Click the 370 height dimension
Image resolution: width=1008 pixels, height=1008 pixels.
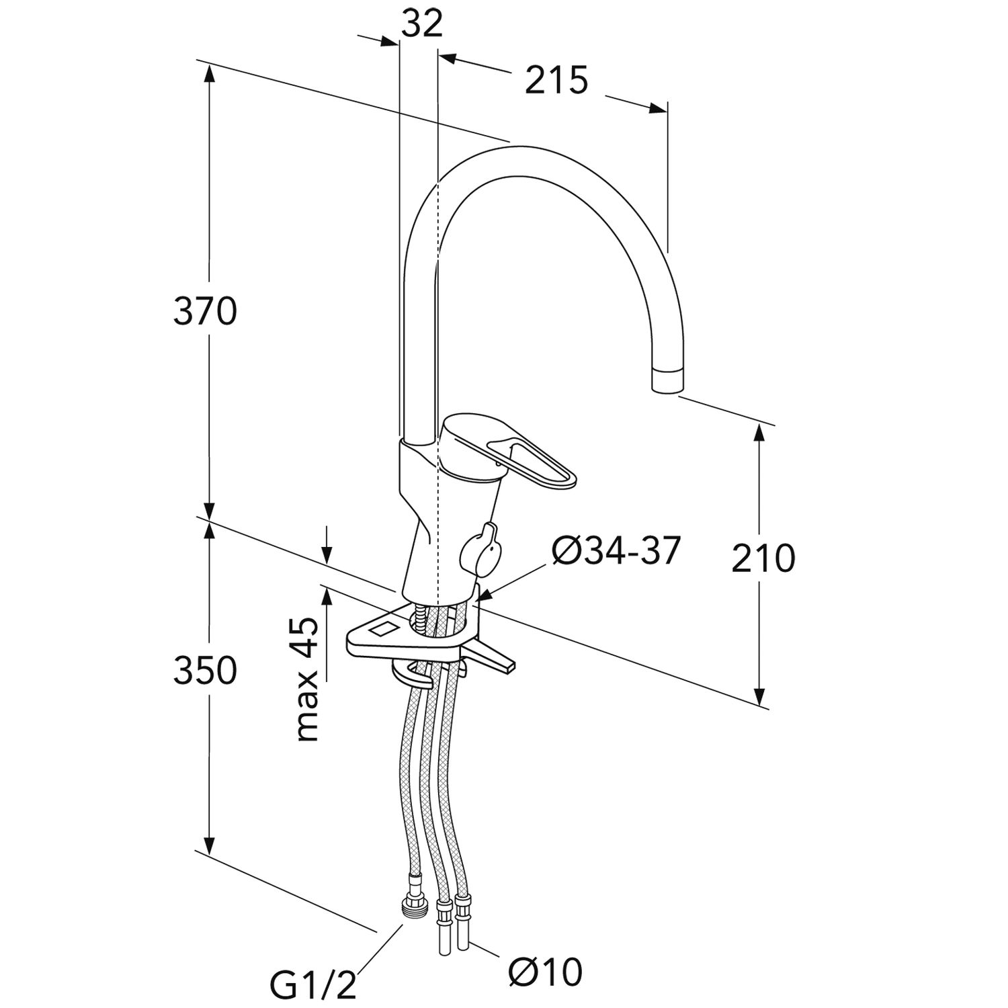205,312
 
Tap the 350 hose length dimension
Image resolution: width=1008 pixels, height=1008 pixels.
205,670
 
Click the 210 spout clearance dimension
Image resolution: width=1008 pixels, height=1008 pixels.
763,558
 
